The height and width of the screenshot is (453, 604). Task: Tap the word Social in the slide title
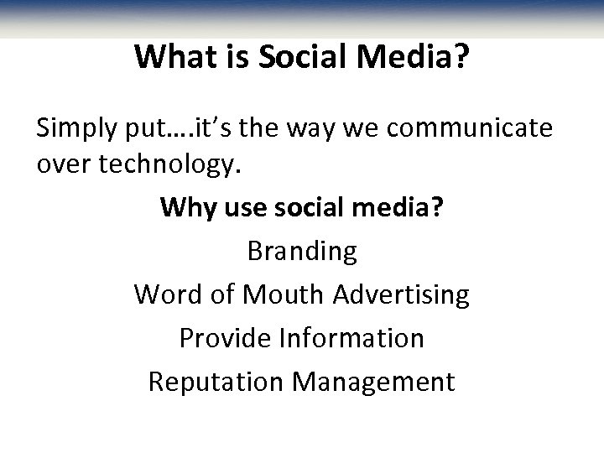pos(290,57)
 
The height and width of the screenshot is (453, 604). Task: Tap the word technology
pos(174,164)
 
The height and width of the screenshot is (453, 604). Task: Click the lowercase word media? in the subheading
pos(399,207)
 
